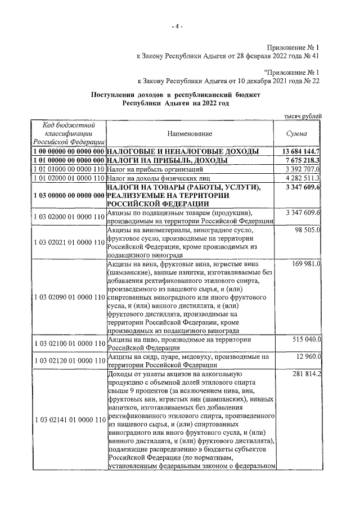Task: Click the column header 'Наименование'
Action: [190, 133]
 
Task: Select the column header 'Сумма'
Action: [298, 133]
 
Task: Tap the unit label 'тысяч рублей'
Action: [303, 116]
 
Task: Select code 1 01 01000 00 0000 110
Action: [68, 169]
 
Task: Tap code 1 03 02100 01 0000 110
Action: [68, 344]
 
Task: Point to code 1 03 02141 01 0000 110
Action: [68, 419]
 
